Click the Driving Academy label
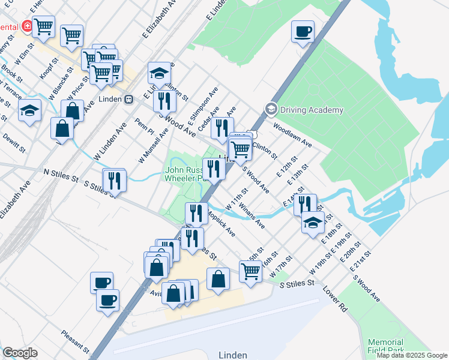point(312,110)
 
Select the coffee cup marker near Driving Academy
point(303,31)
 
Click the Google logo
point(20,353)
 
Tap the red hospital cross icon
point(26,26)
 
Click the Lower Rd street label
point(335,301)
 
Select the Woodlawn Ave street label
point(292,136)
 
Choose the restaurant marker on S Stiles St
point(114,179)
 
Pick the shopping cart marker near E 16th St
point(250,271)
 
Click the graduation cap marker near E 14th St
point(312,222)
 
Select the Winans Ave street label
point(252,215)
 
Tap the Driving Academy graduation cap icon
point(271,109)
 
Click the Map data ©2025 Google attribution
point(412,355)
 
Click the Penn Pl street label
point(145,126)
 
